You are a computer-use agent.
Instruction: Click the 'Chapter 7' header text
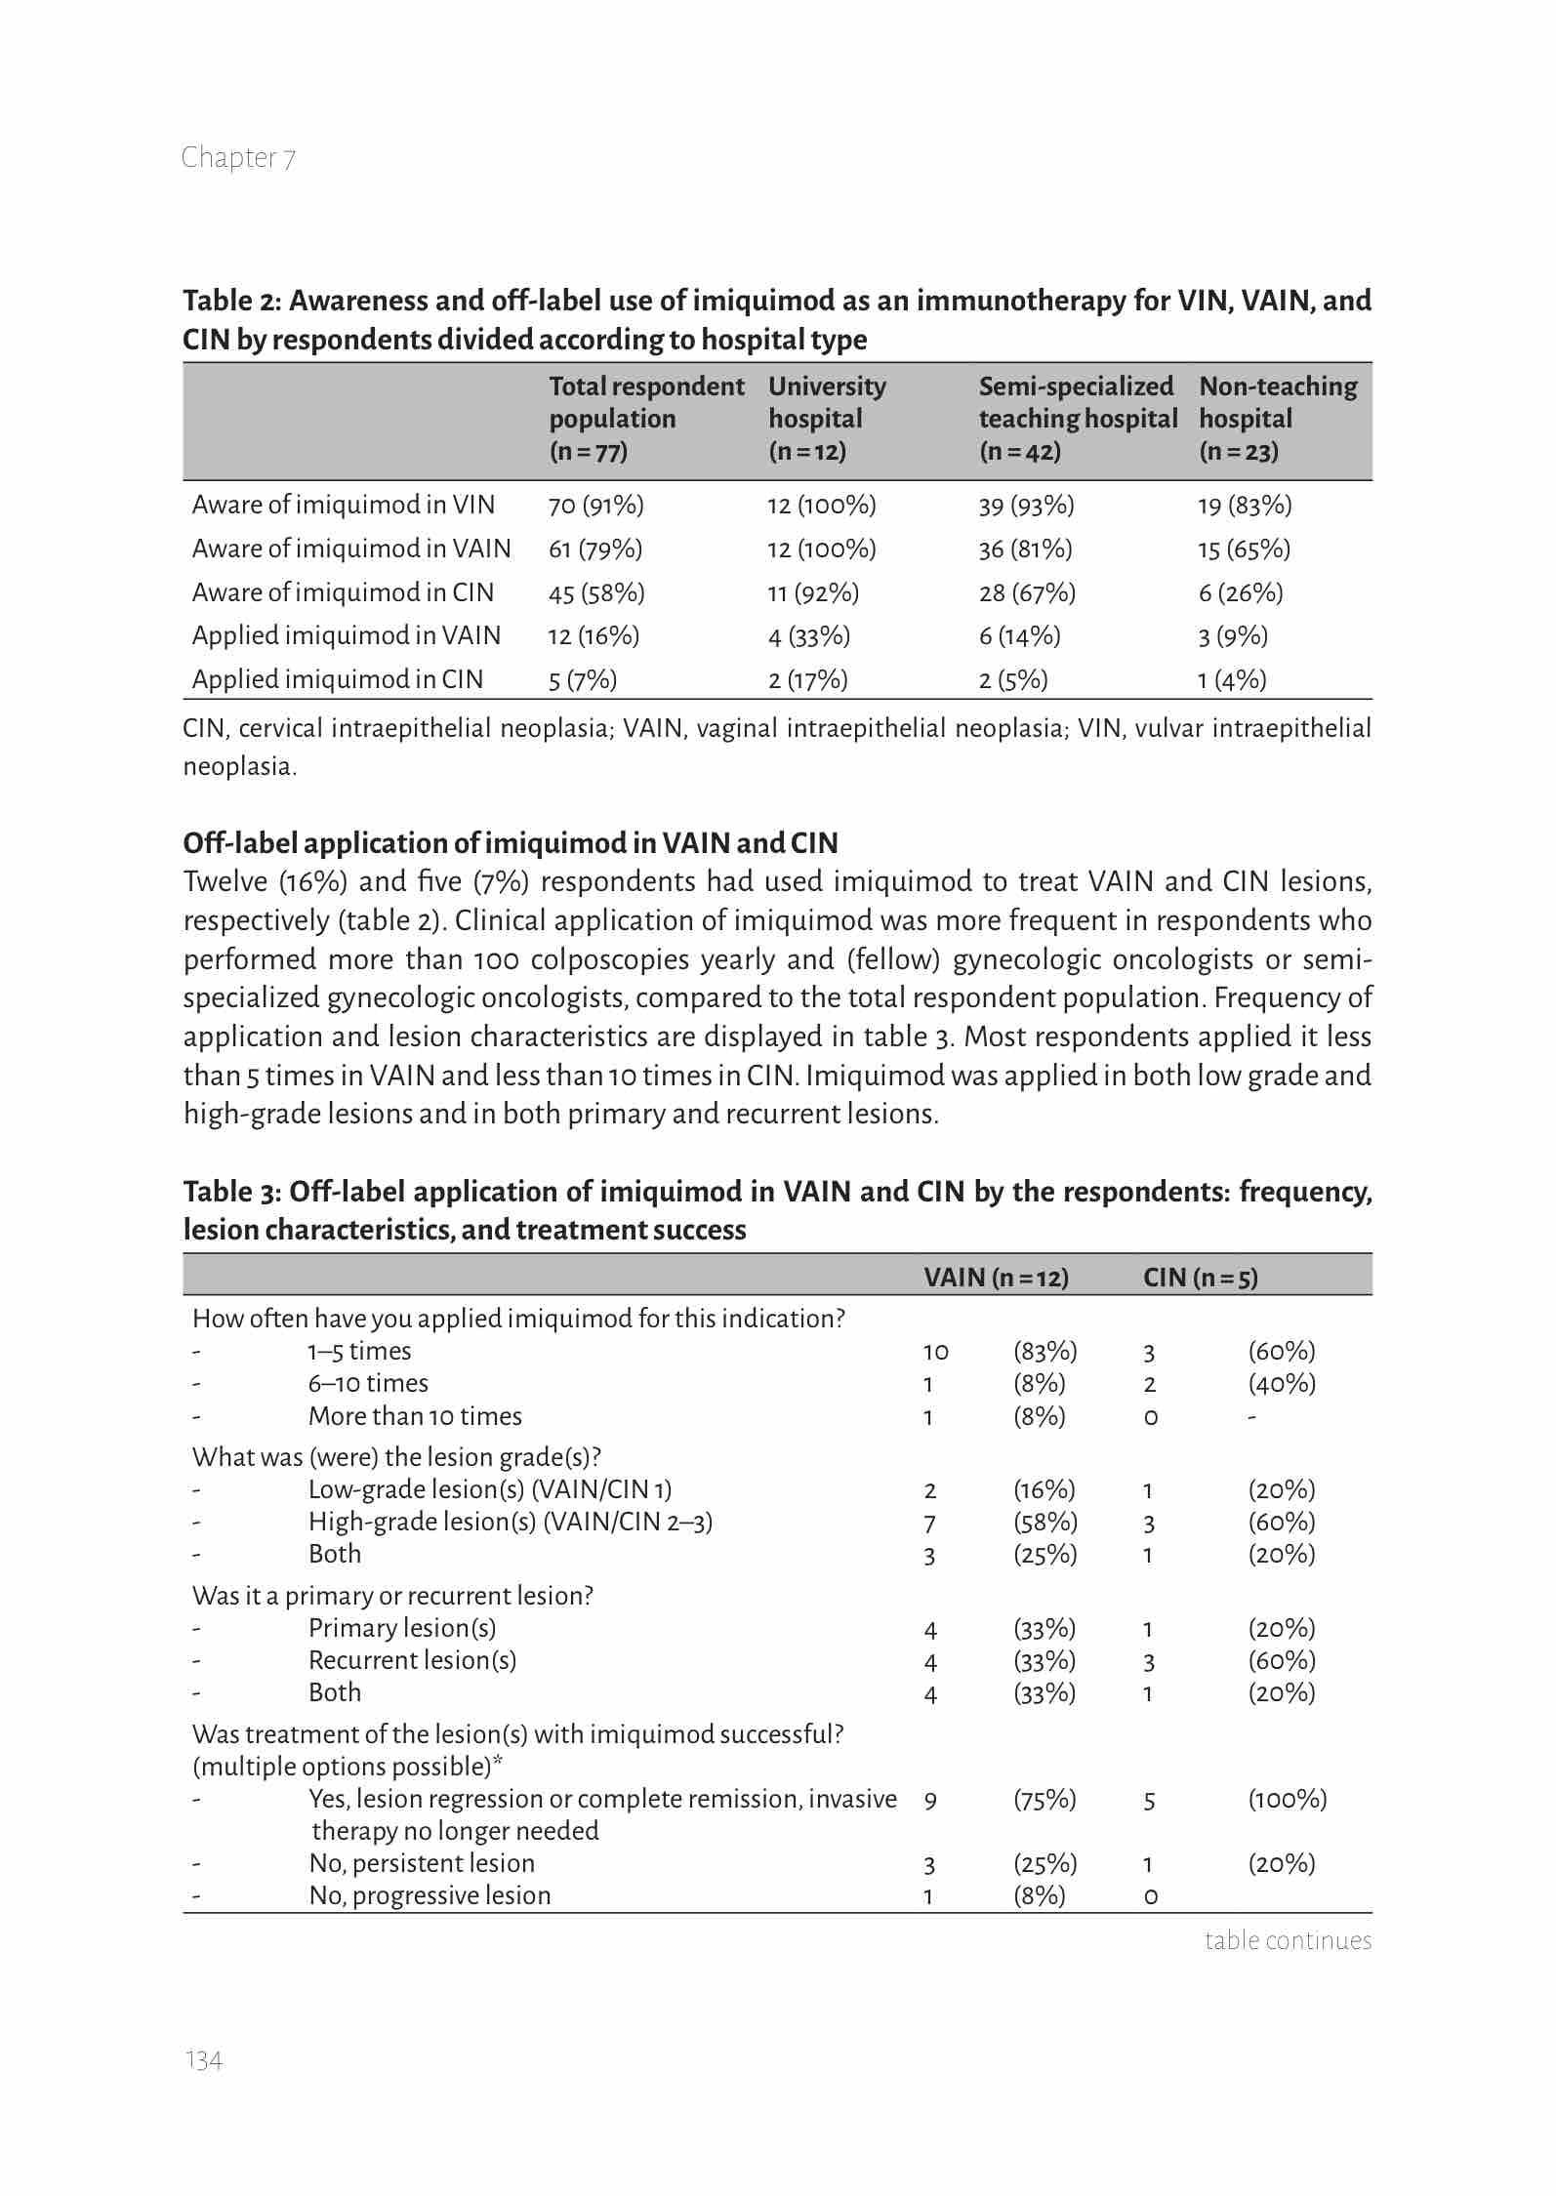[238, 157]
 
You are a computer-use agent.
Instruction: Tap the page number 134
[203, 2060]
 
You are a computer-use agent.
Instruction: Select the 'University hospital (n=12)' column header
[827, 419]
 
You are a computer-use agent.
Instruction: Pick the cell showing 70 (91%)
[595, 505]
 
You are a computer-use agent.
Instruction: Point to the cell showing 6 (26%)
[1240, 592]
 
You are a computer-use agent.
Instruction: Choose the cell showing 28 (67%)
[1027, 592]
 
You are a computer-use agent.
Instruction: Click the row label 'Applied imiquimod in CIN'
[337, 679]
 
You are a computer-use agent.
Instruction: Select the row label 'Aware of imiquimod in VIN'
[343, 505]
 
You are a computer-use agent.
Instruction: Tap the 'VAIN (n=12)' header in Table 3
[996, 1278]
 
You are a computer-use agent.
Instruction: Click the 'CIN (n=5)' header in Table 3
[1200, 1278]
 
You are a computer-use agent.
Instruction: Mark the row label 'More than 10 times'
[415, 1416]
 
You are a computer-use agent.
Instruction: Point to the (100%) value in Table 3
[1287, 1799]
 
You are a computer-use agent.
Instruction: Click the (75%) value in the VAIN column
[1044, 1799]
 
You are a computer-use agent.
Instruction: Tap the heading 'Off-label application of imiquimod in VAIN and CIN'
[511, 842]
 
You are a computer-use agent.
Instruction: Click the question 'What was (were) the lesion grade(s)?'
[396, 1457]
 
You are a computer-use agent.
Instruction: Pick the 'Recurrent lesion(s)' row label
[412, 1660]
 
